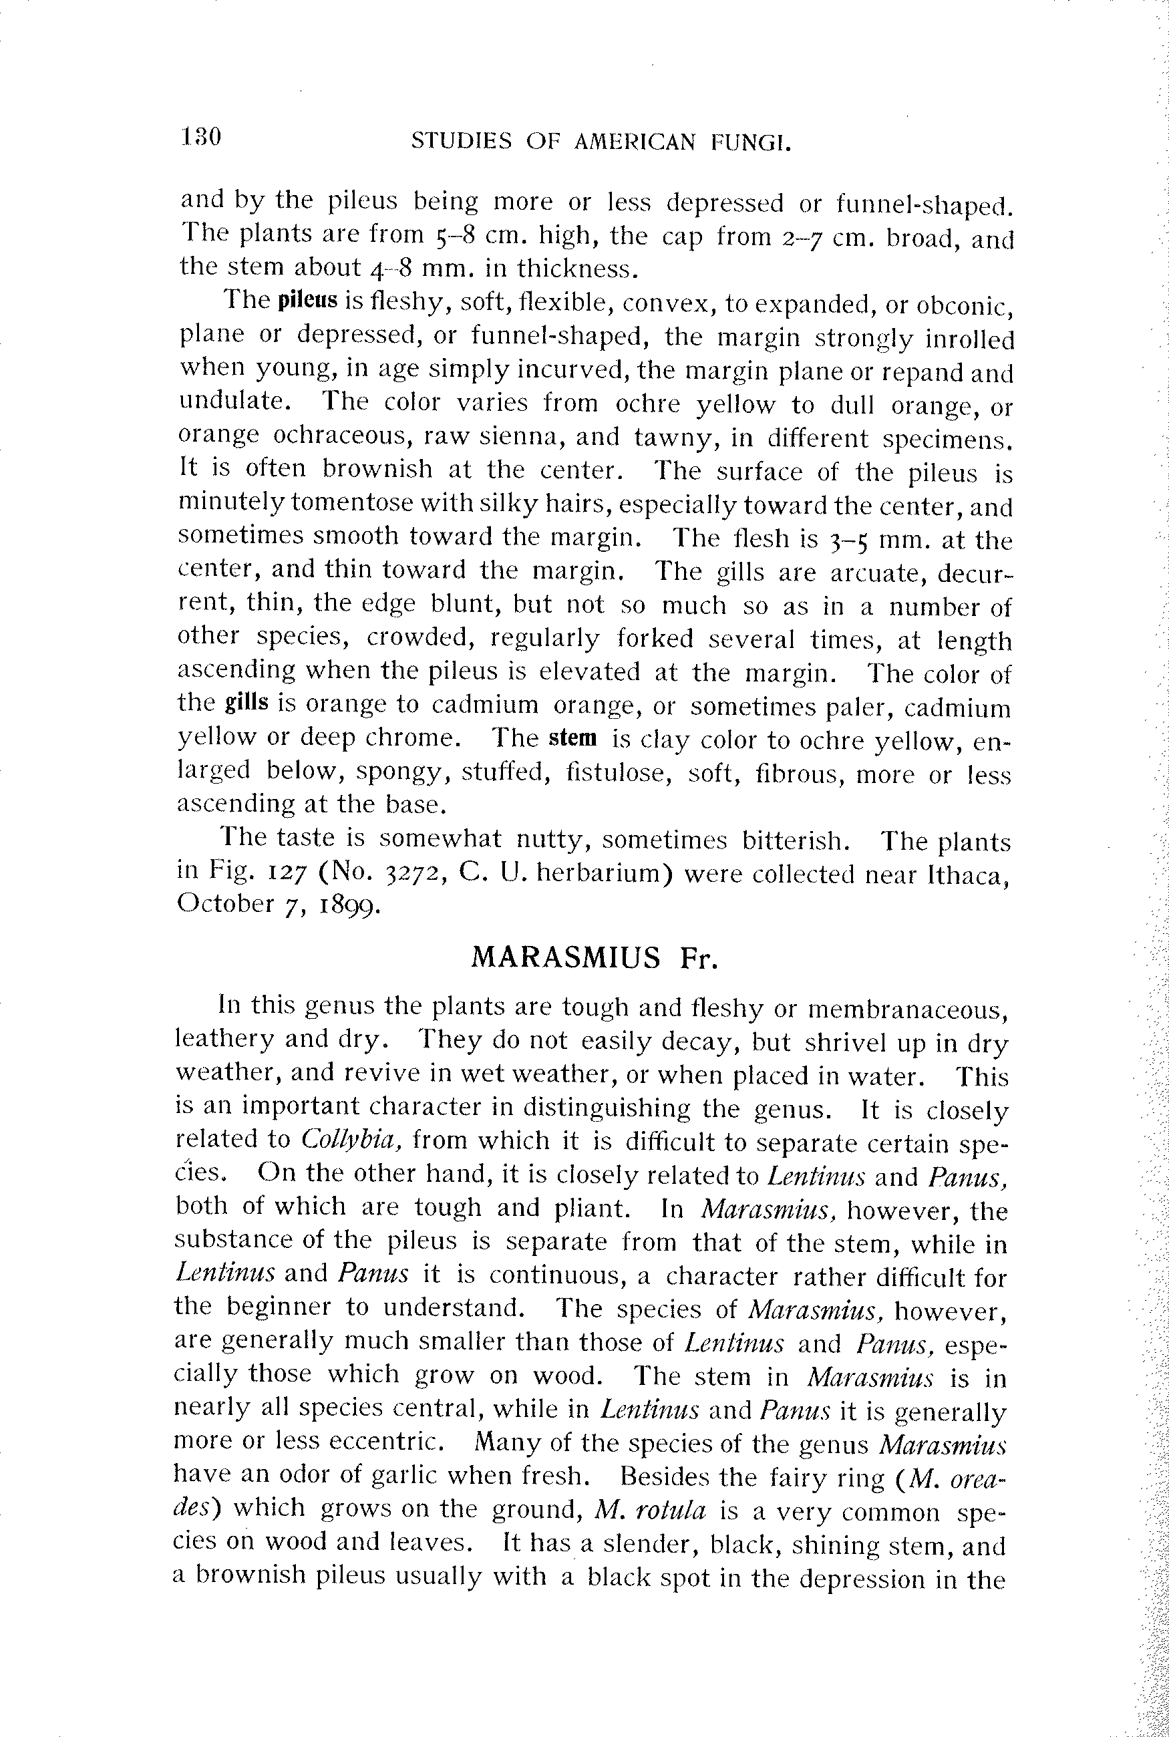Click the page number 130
[x=200, y=137]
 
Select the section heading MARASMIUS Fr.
[x=595, y=957]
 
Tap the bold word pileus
[x=307, y=301]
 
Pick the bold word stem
[x=572, y=738]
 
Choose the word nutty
[x=548, y=840]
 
